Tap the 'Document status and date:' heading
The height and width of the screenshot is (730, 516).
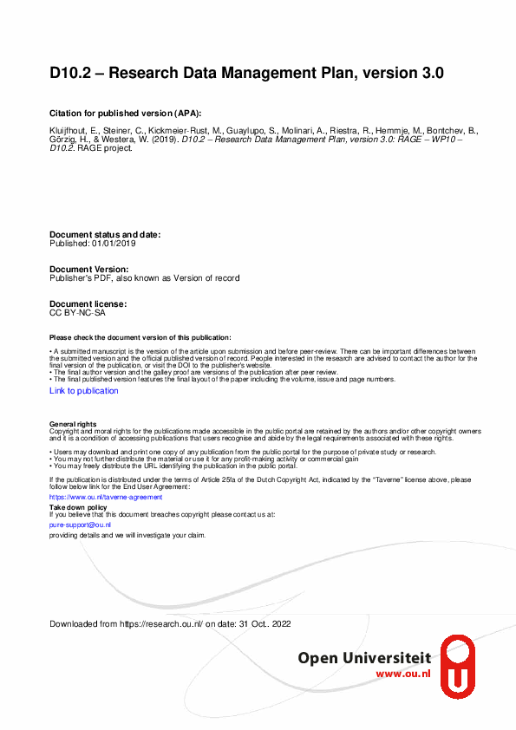point(105,235)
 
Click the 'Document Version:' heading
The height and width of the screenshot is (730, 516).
point(89,270)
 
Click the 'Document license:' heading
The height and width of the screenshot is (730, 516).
point(88,304)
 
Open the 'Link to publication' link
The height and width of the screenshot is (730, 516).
point(84,391)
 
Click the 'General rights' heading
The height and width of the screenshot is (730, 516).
point(73,424)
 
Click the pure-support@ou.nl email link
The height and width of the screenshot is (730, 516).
point(80,525)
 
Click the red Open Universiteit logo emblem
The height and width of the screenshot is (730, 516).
point(458,664)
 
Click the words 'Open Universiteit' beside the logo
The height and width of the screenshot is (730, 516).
point(365,659)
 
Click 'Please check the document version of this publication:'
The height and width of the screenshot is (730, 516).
point(140,337)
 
